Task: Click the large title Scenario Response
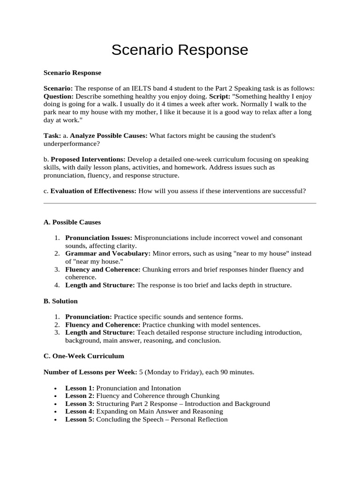click(x=180, y=50)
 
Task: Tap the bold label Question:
click(x=58, y=97)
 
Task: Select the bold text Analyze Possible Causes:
click(x=109, y=135)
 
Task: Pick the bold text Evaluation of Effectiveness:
click(x=93, y=191)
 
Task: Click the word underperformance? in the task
click(x=72, y=143)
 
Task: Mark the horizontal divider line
click(x=180, y=203)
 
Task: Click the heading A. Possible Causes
click(x=72, y=222)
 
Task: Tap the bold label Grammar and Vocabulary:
click(x=108, y=254)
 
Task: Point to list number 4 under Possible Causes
click(x=56, y=285)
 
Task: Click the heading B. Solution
click(x=60, y=301)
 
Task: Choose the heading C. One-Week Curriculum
click(x=84, y=356)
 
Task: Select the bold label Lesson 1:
click(x=80, y=388)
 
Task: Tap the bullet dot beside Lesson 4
click(x=56, y=412)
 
